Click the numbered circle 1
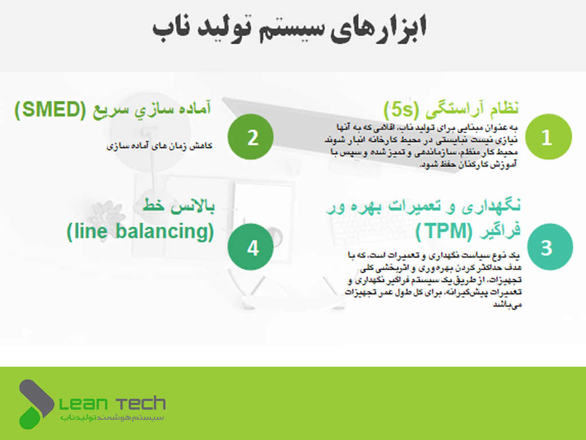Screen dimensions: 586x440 (x=548, y=137)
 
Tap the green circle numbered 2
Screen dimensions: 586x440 (x=251, y=137)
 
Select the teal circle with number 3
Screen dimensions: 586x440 (x=550, y=246)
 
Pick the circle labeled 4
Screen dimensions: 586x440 (x=251, y=246)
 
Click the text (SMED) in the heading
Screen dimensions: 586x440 (x=50, y=109)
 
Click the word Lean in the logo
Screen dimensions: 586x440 (x=84, y=404)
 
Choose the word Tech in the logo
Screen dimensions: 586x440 (x=141, y=403)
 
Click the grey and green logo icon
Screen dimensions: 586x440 (x=36, y=404)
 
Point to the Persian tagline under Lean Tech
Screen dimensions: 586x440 (x=112, y=418)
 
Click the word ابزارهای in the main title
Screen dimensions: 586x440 (x=378, y=29)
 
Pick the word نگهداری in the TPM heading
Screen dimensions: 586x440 (x=491, y=206)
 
